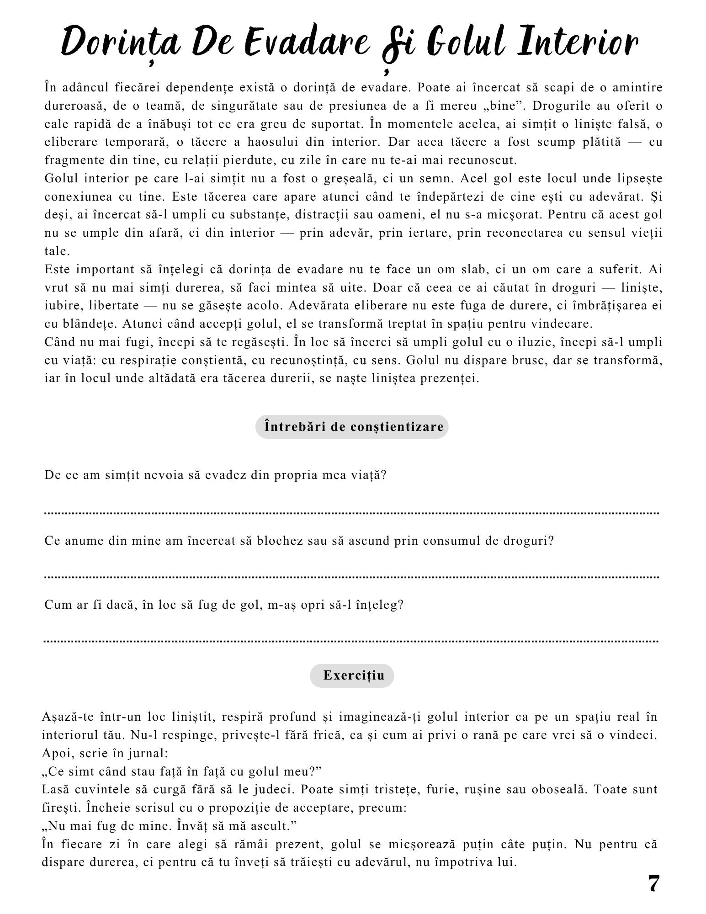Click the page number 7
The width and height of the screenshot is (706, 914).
click(653, 884)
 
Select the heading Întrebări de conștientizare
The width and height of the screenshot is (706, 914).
click(352, 427)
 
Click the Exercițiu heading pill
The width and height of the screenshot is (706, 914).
click(352, 675)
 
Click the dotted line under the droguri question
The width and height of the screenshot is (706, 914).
click(352, 577)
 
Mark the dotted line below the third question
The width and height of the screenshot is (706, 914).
click(352, 641)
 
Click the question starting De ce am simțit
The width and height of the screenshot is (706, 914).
click(215, 475)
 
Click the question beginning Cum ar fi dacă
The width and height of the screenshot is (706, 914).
click(223, 605)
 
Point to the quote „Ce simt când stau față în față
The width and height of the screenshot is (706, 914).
click(181, 771)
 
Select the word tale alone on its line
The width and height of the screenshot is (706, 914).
click(57, 251)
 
